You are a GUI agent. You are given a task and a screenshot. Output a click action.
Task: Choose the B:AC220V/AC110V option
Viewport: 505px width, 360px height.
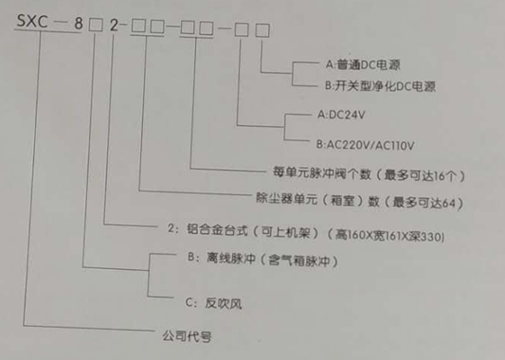370,147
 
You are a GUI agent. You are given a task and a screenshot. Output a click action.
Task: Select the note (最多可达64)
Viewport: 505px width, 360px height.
425,202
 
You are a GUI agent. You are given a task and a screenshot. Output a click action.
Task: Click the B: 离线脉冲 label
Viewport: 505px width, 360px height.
212,257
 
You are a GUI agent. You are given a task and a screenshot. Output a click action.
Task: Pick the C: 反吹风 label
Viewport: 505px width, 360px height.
205,303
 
